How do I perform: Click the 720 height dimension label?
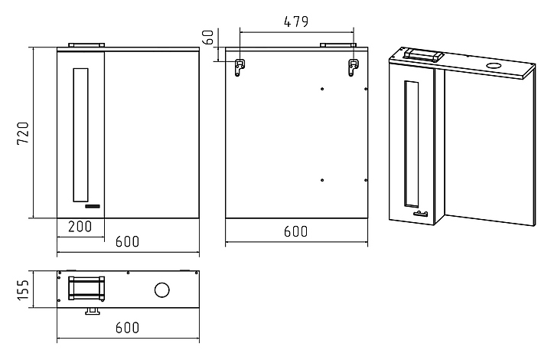tap(23, 133)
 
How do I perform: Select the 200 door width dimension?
tap(80, 227)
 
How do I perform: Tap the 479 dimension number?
tap(296, 22)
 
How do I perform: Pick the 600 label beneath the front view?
tap(127, 242)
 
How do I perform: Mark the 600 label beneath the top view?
tap(127, 327)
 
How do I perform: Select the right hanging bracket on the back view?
tap(353, 67)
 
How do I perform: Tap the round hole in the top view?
tap(162, 290)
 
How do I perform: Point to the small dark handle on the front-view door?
tap(92, 207)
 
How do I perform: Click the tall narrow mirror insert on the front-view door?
tap(80, 135)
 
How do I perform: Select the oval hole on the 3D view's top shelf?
tap(494, 67)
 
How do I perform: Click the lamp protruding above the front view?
tap(86, 45)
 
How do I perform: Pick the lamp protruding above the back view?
tap(334, 45)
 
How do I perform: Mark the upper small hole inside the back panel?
tap(323, 87)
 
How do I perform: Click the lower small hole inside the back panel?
tap(323, 180)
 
